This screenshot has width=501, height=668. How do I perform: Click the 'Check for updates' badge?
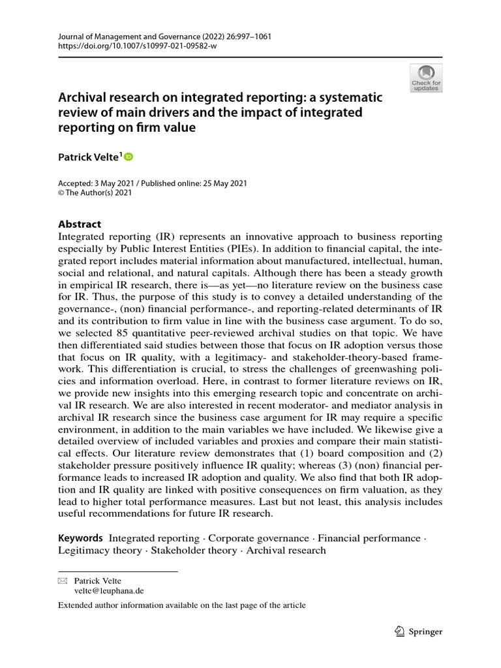point(425,78)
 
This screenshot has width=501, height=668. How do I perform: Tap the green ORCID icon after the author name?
point(129,157)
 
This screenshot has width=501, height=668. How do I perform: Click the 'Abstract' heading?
point(80,224)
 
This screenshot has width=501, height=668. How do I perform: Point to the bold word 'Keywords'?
point(81,538)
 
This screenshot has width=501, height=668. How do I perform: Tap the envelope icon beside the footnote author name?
point(63,581)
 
